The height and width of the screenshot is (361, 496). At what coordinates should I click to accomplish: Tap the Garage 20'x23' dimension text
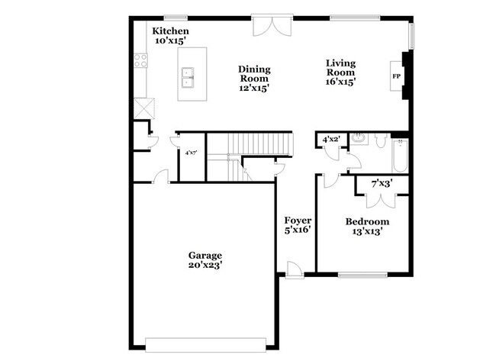point(205,265)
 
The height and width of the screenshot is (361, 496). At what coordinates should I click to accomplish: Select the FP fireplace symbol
point(397,77)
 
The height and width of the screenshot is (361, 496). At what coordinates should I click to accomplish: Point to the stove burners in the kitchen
point(140,60)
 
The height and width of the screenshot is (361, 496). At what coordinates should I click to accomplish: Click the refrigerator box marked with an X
point(141,108)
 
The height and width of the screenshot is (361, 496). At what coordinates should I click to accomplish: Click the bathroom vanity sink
point(359,139)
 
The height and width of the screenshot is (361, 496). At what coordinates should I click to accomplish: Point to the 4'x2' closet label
point(330,139)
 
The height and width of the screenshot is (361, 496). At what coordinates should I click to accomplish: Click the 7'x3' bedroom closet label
point(382,184)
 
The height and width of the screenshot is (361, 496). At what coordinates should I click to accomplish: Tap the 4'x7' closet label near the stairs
point(191,153)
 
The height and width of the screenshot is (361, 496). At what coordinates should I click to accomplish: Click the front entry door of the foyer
point(292,267)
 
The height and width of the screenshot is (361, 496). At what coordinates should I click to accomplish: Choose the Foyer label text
point(298,220)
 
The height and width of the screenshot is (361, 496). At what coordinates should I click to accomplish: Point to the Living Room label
point(340,68)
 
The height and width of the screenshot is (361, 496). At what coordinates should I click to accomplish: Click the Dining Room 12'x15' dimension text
point(254,88)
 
